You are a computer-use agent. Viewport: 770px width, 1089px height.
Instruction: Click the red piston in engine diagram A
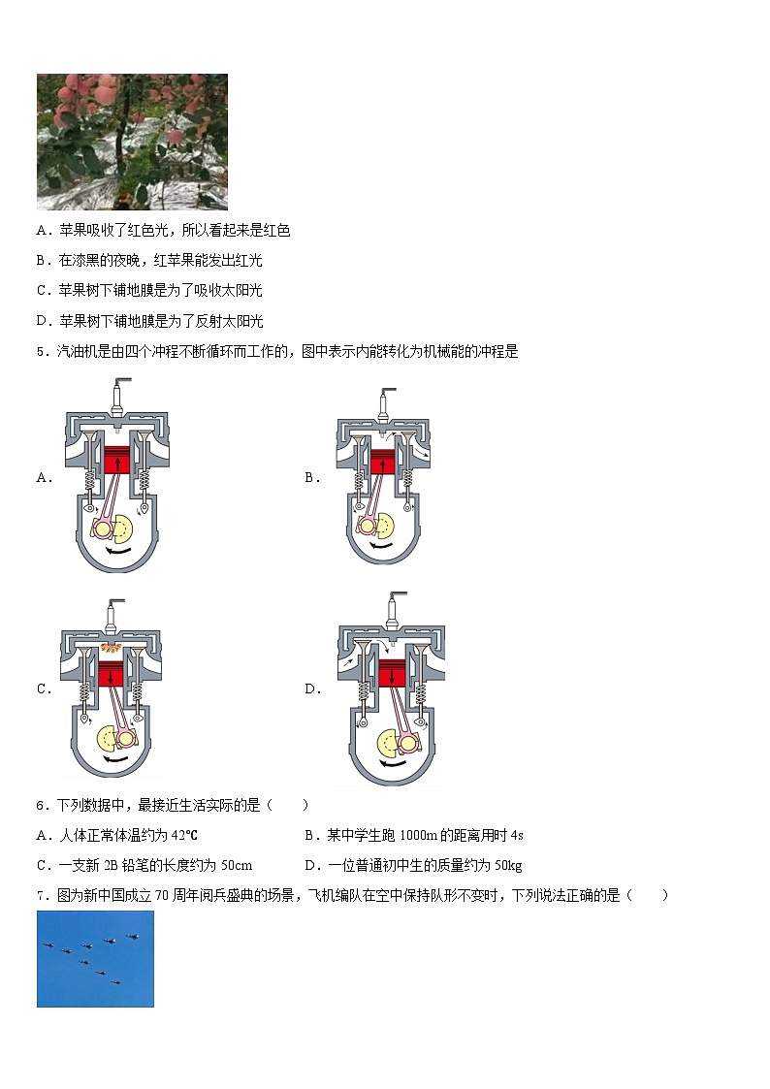click(x=117, y=459)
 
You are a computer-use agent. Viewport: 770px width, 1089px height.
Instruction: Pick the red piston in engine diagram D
click(x=392, y=672)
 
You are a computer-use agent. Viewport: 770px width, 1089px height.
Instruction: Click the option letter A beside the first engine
click(x=43, y=477)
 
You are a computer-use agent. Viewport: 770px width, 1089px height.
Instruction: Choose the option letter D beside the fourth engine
click(x=312, y=689)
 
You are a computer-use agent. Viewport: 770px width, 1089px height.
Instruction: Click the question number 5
click(x=41, y=352)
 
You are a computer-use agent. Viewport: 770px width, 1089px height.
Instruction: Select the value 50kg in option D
click(x=507, y=865)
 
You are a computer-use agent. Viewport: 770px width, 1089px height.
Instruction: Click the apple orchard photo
click(x=132, y=142)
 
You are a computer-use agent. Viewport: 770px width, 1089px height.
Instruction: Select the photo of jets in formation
click(x=95, y=958)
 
